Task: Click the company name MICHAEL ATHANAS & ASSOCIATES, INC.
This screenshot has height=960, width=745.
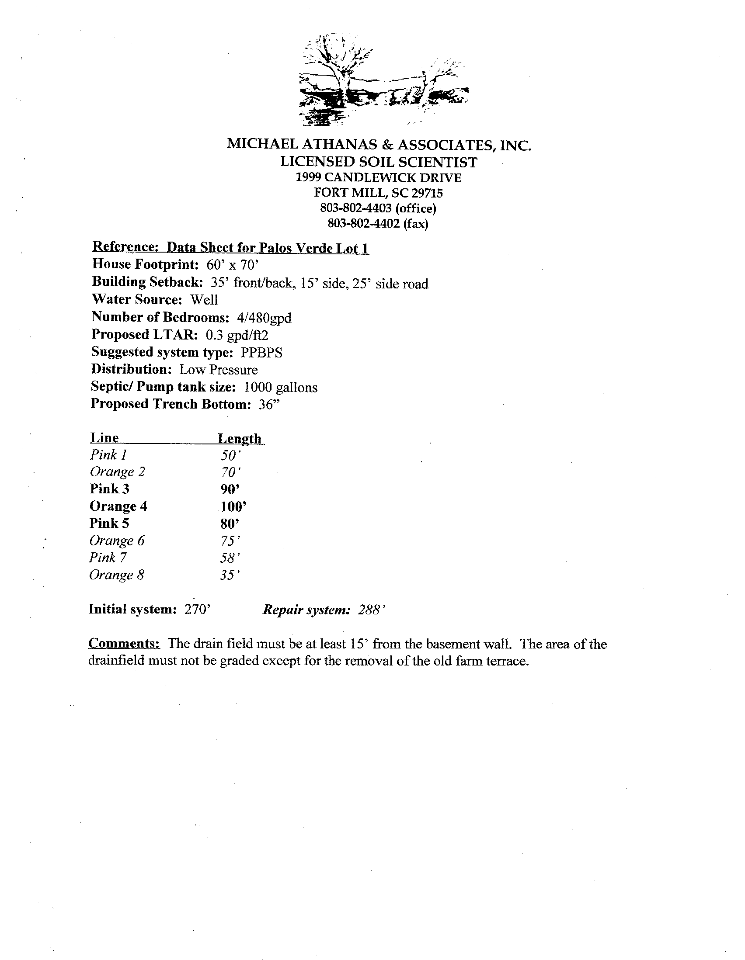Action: click(379, 145)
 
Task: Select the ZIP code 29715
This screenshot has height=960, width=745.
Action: click(428, 193)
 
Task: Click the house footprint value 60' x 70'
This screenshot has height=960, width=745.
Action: click(235, 265)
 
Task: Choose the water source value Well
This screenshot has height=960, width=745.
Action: click(204, 300)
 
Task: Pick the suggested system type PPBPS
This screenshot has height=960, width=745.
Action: click(262, 353)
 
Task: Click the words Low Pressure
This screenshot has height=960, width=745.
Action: click(219, 370)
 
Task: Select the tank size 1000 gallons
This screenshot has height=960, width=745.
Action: click(281, 387)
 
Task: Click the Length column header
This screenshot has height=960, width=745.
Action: click(240, 438)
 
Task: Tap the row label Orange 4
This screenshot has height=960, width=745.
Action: click(118, 506)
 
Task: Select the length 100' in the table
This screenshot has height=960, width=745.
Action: click(233, 506)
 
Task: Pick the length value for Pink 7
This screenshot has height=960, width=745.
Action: click(230, 558)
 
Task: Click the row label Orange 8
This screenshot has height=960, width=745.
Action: click(117, 575)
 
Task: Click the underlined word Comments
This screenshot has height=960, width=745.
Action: click(124, 644)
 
